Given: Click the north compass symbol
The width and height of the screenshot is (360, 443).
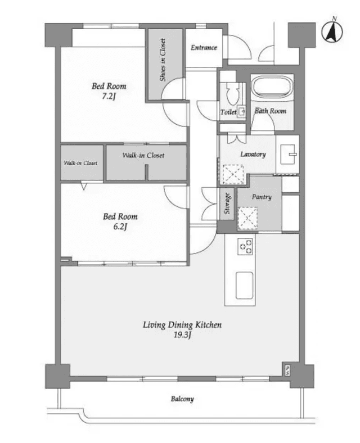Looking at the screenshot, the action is (x=332, y=30).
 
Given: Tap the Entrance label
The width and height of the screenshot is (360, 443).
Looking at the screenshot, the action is (x=204, y=47).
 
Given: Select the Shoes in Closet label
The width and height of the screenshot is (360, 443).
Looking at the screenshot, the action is (x=163, y=60).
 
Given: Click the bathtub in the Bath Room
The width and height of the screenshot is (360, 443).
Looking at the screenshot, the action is (x=272, y=86).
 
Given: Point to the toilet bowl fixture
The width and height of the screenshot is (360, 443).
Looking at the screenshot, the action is (x=233, y=94).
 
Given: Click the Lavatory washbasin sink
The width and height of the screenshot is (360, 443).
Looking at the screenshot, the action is (x=288, y=154).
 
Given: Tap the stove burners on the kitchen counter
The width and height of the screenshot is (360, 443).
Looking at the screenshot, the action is (x=245, y=247).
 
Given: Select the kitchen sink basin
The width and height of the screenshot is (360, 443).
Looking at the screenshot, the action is (x=245, y=286).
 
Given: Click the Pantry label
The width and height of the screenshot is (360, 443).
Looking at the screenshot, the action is (x=262, y=197).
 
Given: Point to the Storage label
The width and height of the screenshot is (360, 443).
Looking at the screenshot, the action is (x=227, y=204).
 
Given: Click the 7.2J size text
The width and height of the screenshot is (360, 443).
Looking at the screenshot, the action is (x=109, y=96).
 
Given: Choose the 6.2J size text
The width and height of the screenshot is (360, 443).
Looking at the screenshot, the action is (x=120, y=227).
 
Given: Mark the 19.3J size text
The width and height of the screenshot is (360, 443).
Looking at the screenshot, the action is (x=182, y=335).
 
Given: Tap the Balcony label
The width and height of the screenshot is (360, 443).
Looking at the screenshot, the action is (x=182, y=399).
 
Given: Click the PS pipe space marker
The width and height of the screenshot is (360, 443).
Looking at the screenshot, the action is (x=287, y=370).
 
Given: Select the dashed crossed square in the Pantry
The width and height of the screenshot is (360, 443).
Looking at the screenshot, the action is (x=248, y=218).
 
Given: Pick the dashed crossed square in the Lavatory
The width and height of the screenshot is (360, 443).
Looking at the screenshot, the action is (x=233, y=174).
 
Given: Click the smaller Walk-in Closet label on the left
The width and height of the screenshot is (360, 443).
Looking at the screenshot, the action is (x=80, y=163).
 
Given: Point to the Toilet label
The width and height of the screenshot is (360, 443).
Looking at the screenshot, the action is (x=228, y=112).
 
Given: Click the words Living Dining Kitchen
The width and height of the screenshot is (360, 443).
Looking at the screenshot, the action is (x=182, y=325).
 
